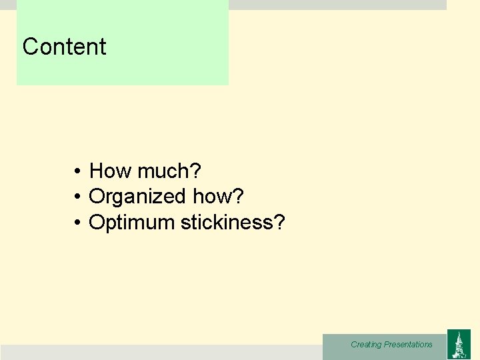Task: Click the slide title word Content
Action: (64, 47)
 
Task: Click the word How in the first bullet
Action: (111, 171)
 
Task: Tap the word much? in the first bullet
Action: (169, 171)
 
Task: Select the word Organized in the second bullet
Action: (137, 197)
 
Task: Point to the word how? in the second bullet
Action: (218, 197)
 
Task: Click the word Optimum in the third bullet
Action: (131, 222)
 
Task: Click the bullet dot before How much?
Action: (77, 172)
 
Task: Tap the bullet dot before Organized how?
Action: (77, 197)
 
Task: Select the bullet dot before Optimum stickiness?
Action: (77, 223)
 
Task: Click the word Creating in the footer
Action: (366, 345)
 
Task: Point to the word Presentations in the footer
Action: (408, 345)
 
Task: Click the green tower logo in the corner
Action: (459, 344)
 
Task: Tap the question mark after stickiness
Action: (279, 222)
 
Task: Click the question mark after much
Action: (195, 171)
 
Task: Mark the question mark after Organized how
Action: (239, 197)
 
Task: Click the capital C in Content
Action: (30, 47)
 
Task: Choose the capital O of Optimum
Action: (96, 222)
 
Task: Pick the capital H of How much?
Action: (97, 171)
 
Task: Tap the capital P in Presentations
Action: (387, 345)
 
